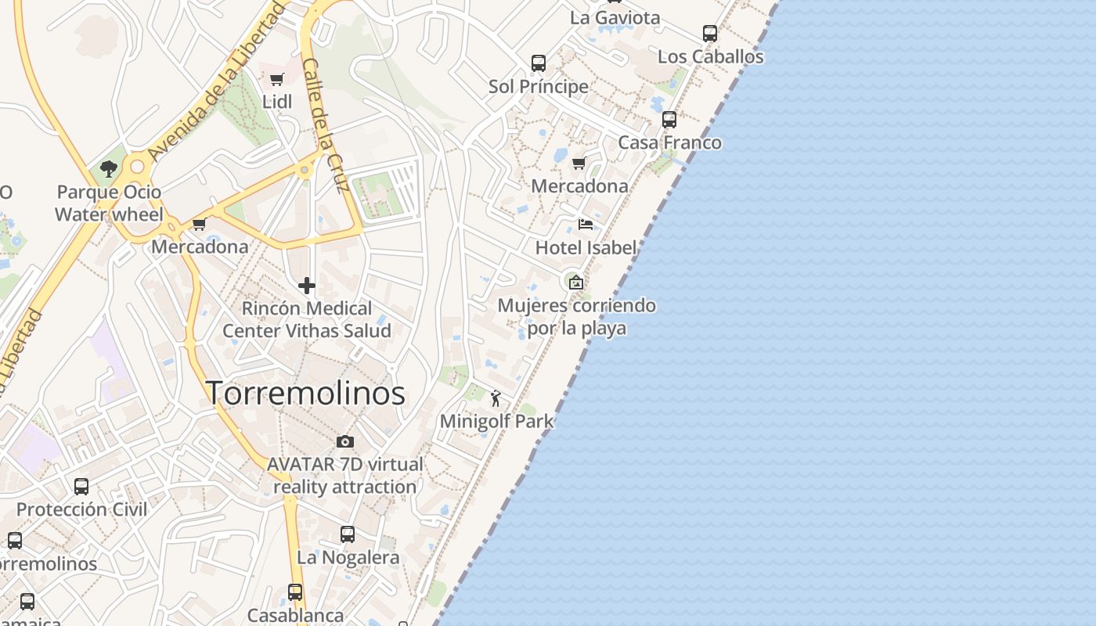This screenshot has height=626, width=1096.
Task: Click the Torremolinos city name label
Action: [305, 393]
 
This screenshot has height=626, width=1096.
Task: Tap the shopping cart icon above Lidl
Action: [276, 79]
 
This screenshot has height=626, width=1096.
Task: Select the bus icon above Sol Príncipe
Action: [539, 63]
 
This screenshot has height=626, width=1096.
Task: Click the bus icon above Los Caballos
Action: [710, 34]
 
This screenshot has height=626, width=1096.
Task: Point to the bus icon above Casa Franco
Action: [669, 120]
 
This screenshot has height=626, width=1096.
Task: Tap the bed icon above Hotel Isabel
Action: [586, 225]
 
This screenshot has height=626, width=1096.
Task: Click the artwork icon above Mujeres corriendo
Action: [576, 282]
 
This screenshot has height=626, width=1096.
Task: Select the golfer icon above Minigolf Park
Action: [496, 398]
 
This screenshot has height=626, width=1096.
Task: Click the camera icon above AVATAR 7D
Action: [344, 441]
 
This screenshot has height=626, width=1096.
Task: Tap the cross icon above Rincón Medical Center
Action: [307, 286]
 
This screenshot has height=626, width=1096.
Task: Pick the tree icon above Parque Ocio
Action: [109, 169]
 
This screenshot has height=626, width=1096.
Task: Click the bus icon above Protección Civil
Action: [81, 487]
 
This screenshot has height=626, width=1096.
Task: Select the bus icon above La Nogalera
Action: [348, 534]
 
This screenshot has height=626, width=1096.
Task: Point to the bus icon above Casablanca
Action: [295, 592]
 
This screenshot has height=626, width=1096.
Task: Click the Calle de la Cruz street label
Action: [325, 125]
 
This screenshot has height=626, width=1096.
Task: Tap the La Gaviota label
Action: [615, 17]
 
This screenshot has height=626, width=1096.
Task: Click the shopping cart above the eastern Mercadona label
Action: [579, 163]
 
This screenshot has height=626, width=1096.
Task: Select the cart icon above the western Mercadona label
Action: [200, 225]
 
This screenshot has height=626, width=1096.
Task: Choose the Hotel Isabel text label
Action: [586, 248]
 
